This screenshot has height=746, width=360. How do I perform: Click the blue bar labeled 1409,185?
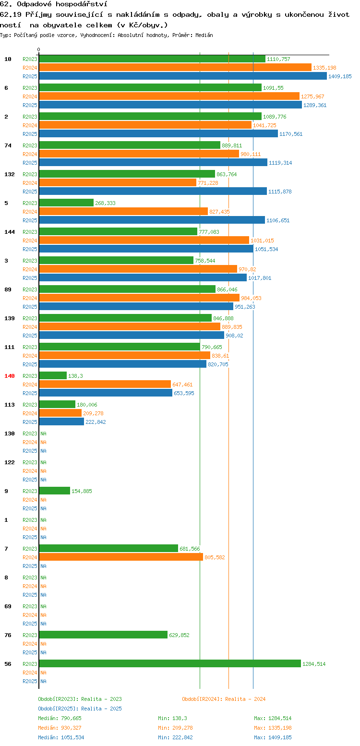click(x=183, y=76)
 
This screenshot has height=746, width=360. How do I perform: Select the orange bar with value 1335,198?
click(x=175, y=68)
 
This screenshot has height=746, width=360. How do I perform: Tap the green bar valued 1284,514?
click(x=170, y=664)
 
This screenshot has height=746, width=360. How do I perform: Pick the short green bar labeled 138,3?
click(x=53, y=376)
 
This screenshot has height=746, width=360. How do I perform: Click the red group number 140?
click(x=10, y=376)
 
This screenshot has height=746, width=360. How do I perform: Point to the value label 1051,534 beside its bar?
click(x=266, y=249)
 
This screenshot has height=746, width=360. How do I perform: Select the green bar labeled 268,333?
click(x=66, y=203)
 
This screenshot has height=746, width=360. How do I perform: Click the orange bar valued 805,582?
click(x=121, y=557)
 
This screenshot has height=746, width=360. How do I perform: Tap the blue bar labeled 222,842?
click(x=61, y=421)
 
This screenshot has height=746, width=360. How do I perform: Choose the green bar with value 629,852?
click(x=103, y=635)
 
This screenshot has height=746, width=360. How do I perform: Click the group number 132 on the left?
click(x=10, y=174)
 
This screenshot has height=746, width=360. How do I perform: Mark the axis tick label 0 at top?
click(x=38, y=49)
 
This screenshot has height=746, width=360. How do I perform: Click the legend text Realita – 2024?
click(x=245, y=699)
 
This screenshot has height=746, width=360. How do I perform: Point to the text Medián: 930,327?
click(x=60, y=728)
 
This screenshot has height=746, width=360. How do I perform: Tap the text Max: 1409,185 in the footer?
click(x=273, y=737)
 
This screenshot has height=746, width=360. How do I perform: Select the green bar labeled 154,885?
click(x=55, y=491)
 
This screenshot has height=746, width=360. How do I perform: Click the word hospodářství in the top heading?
click(x=81, y=4)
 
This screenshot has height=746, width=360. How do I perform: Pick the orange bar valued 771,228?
click(x=118, y=183)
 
